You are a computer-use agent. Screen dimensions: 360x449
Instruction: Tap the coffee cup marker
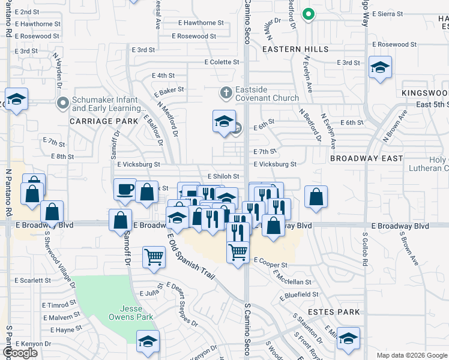coord(125,190)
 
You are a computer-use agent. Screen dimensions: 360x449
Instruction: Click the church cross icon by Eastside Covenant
coord(226,93)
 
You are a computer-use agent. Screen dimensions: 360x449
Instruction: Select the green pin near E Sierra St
coord(308,14)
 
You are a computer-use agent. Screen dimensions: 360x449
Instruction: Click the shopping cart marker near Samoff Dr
coord(154,257)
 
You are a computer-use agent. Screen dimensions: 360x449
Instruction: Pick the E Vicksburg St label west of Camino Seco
coord(139,164)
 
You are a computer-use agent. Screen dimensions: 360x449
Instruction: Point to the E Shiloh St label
coord(223,176)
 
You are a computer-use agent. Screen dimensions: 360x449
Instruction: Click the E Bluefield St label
coord(302,294)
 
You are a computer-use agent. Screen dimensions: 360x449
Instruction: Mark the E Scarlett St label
coord(33,280)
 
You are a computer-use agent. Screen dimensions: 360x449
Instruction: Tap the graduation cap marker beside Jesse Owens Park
coord(147,341)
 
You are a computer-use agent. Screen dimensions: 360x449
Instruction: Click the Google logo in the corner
coord(20,353)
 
